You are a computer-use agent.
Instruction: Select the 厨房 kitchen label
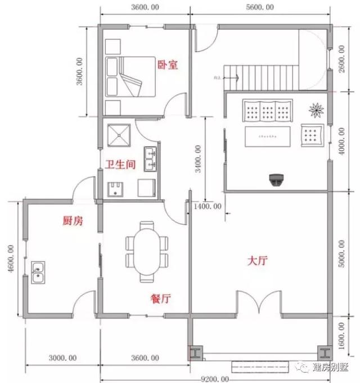click(x=72, y=221)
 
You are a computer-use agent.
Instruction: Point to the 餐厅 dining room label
click(x=160, y=299)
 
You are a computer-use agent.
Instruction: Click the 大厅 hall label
click(x=257, y=262)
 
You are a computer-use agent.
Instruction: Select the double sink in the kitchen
click(x=39, y=273)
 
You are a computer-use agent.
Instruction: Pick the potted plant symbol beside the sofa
click(x=317, y=109)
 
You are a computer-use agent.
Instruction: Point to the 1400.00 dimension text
click(x=208, y=206)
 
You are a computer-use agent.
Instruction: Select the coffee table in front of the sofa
click(x=268, y=137)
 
